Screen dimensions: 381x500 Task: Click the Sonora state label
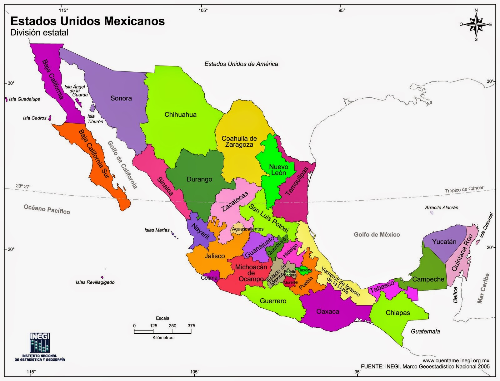(x=121, y=98)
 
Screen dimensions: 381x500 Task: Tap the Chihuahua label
(x=180, y=115)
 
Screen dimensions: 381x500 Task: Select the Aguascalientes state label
(x=247, y=229)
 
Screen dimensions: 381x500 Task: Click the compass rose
(x=476, y=25)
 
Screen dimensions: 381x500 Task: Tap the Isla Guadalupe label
(x=24, y=99)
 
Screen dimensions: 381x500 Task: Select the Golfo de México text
(x=377, y=234)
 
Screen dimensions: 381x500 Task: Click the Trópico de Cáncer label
(x=464, y=189)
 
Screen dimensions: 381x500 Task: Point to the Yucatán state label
(x=444, y=242)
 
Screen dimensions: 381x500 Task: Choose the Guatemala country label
(x=425, y=331)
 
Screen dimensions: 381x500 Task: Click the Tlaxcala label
(x=305, y=270)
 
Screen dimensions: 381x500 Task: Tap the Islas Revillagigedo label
(x=95, y=282)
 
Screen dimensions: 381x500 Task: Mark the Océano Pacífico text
(x=47, y=209)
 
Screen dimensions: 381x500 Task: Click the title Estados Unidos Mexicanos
(x=87, y=21)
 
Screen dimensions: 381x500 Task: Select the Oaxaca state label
(x=327, y=311)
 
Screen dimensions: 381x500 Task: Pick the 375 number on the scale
(x=191, y=326)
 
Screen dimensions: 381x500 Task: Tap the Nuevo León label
(x=278, y=170)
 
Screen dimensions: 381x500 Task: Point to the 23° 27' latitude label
(x=23, y=187)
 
